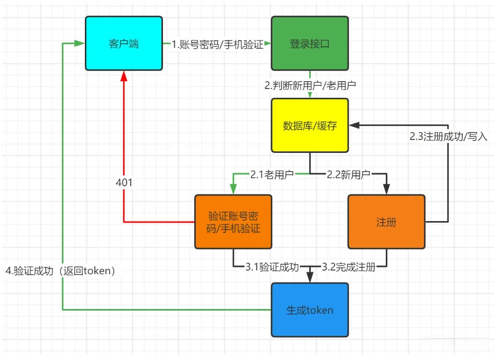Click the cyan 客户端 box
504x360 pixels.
(124, 43)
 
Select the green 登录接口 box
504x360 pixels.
(309, 43)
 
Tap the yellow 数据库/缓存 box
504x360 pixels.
(309, 125)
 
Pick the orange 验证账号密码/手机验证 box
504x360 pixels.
(233, 222)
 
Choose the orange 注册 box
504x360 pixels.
(386, 222)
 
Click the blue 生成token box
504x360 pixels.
(309, 310)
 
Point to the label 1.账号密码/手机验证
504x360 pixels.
(218, 45)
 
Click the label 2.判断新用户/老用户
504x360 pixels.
(310, 85)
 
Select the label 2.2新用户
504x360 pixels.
(348, 174)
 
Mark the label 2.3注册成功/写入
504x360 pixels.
(448, 137)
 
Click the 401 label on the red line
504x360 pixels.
(124, 183)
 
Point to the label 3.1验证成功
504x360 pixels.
(272, 268)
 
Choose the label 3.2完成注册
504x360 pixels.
(348, 268)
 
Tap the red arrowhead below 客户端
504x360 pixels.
(124, 76)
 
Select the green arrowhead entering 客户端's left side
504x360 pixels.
(80, 43)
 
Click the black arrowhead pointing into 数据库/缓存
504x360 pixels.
(354, 125)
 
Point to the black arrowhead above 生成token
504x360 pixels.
(310, 278)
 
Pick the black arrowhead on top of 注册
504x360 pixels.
(386, 189)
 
